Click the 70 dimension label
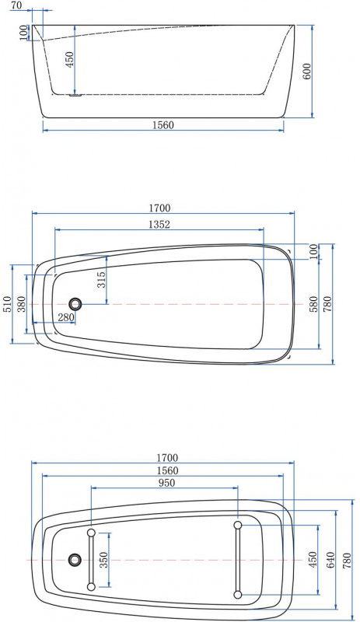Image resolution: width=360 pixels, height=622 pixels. [x=16, y=5]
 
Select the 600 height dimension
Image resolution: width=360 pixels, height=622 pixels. [x=307, y=72]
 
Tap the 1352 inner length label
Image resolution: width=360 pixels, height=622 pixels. [x=159, y=225]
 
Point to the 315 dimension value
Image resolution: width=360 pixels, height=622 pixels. [x=102, y=279]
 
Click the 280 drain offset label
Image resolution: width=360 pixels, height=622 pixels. [x=66, y=317]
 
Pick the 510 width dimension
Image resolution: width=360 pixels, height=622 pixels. [x=8, y=304]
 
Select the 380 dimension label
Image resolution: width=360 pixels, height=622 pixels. [x=22, y=304]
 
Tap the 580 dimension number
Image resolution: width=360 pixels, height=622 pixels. [x=313, y=304]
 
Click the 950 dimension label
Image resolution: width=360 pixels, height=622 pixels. [x=166, y=483]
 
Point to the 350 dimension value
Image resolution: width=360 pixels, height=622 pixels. [x=103, y=560]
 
